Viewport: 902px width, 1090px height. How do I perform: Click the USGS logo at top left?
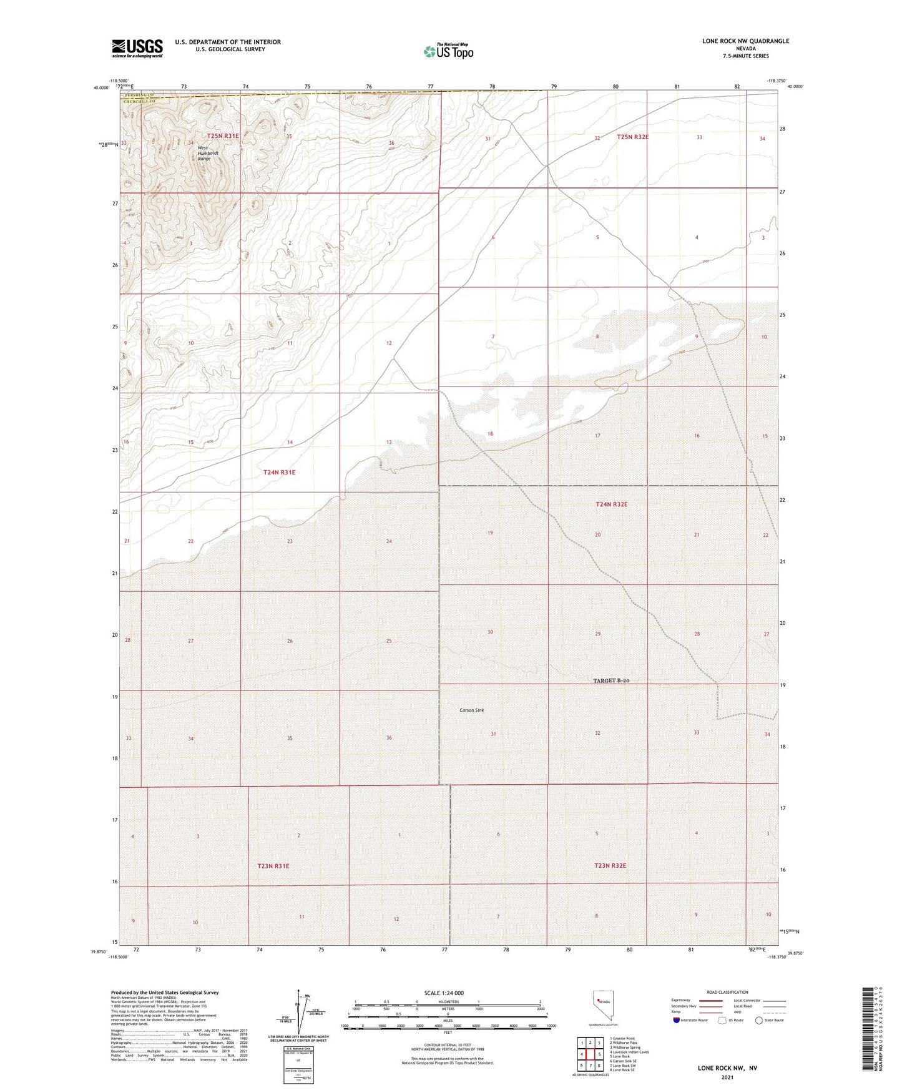(137, 48)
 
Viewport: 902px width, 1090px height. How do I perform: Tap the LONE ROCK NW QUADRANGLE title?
(745, 41)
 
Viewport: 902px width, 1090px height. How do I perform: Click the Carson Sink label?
(471, 710)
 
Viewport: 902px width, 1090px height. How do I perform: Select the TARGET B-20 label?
(610, 681)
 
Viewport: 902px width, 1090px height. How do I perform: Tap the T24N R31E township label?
(279, 473)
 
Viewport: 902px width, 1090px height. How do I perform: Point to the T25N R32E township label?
(632, 137)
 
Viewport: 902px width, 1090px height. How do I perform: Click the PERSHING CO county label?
(137, 95)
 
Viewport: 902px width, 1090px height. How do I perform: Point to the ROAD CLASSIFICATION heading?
(727, 992)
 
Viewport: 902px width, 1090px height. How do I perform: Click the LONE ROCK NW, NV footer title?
(727, 1068)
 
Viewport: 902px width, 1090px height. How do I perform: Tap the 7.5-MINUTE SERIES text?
(745, 56)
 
